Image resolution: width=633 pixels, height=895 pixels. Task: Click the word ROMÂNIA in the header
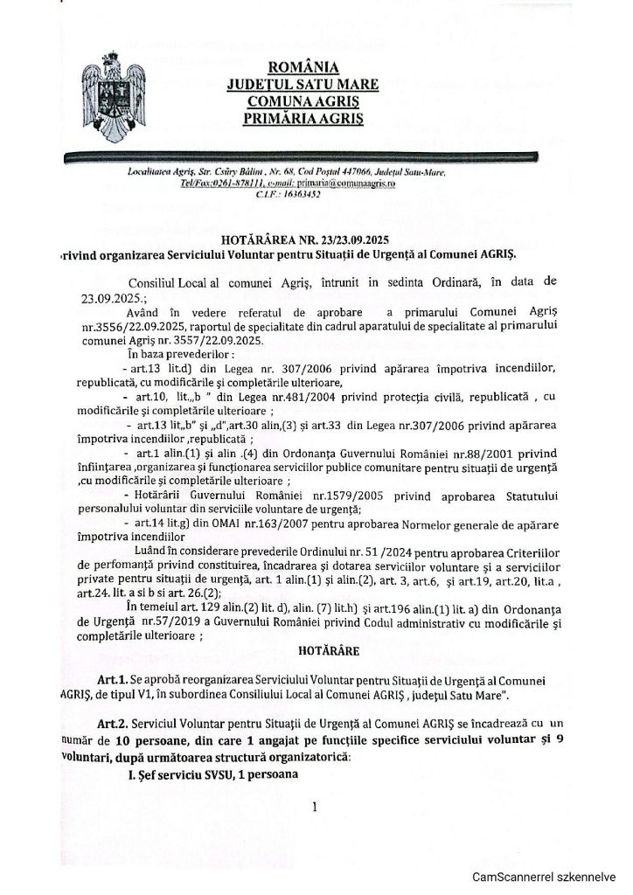tap(303, 68)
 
